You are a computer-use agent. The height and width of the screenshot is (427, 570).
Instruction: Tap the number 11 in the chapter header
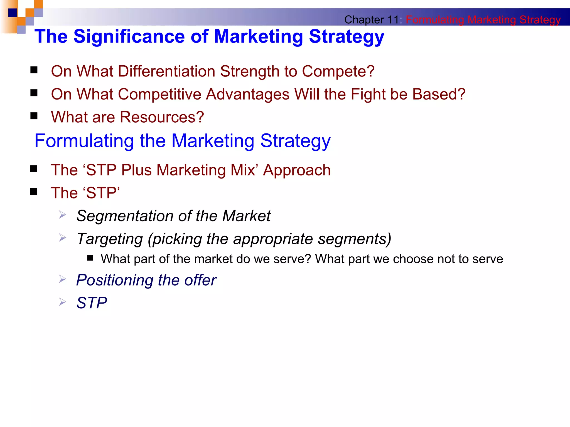pos(393,20)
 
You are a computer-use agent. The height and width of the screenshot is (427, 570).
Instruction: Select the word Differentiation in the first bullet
pos(166,71)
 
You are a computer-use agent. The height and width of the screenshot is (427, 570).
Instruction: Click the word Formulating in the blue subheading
pos(84,141)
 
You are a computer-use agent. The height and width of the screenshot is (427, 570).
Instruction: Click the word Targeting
pos(110,239)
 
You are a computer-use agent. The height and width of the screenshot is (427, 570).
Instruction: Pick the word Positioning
pos(114,280)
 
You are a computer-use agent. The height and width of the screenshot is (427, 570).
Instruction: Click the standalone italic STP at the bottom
pos(92,303)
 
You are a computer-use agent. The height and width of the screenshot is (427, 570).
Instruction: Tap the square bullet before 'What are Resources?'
pos(34,116)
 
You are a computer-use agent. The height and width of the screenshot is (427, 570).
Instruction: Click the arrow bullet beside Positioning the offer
pos(62,279)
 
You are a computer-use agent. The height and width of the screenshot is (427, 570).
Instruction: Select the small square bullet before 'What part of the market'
pos(90,258)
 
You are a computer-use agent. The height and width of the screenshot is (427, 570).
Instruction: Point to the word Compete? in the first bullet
pos(338,71)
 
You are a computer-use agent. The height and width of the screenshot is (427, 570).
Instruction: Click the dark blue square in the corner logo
pos(13,13)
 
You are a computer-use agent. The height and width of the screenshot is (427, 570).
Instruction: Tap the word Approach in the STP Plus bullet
pos(297,170)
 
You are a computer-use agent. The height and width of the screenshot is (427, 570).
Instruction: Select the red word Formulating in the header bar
pos(434,20)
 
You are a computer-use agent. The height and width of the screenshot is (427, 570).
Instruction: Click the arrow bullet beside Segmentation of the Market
pos(62,215)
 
